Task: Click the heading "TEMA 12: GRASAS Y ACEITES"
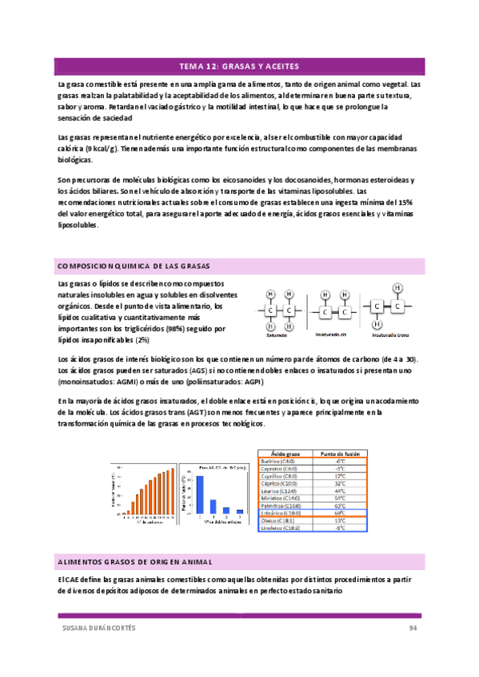(239, 66)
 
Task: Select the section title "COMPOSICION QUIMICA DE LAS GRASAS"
(132, 266)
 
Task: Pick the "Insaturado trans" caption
(392, 335)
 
